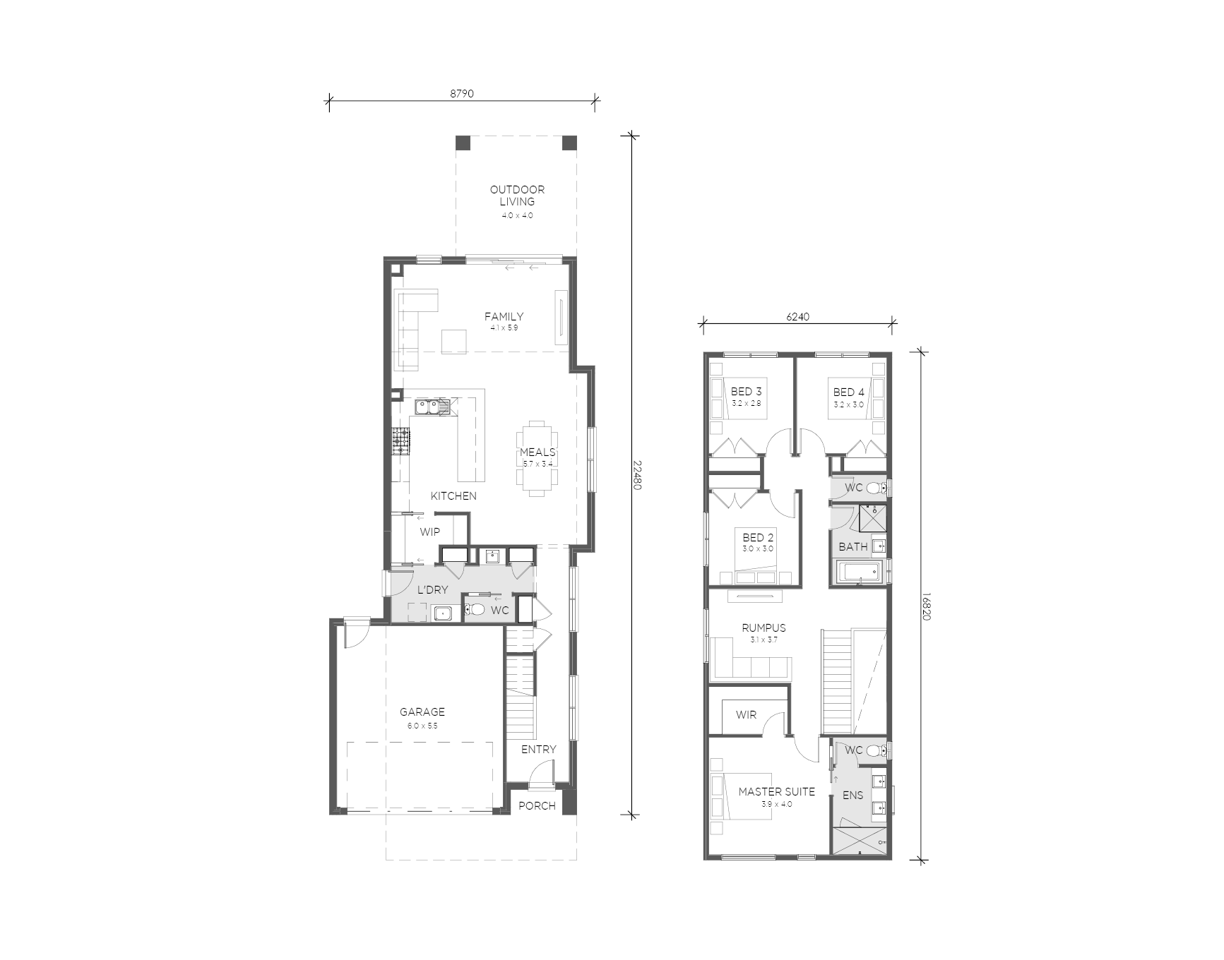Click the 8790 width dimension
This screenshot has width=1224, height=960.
(x=462, y=93)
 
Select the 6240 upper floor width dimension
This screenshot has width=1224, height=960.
(x=797, y=317)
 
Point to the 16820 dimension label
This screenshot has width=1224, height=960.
(x=927, y=606)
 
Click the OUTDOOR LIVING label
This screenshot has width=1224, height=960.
(x=518, y=196)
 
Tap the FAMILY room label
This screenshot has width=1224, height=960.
(x=504, y=316)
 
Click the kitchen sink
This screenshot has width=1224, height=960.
(x=432, y=407)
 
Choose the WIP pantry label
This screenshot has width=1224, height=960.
(x=429, y=532)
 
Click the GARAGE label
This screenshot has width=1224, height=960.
(x=422, y=712)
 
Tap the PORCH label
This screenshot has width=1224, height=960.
(x=537, y=805)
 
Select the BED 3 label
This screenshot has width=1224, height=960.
(x=746, y=392)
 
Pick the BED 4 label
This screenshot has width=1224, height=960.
(x=848, y=392)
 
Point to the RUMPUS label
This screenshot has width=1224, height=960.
(x=763, y=628)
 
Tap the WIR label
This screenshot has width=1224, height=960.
(x=746, y=714)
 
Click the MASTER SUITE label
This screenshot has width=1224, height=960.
(x=776, y=791)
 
